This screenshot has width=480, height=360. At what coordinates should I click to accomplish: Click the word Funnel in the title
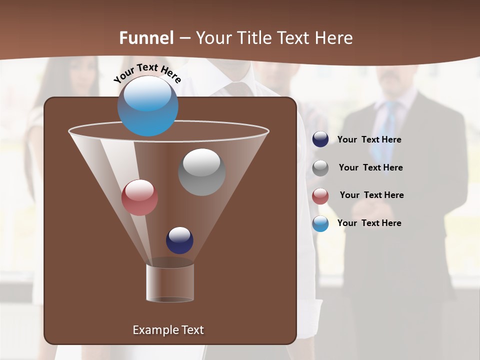(x=146, y=38)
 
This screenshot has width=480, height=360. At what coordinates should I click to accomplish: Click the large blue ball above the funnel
(x=147, y=106)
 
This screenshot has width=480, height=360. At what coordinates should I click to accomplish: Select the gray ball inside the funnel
(x=201, y=172)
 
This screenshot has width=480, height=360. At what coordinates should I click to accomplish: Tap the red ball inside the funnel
(x=139, y=197)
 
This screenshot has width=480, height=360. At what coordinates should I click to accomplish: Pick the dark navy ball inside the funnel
(x=179, y=240)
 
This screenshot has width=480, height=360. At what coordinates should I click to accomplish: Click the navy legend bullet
(x=320, y=139)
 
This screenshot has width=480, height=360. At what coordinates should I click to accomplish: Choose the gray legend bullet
(x=320, y=168)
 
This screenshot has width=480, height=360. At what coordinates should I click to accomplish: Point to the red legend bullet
(x=320, y=196)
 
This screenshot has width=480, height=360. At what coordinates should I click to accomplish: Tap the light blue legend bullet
(x=320, y=223)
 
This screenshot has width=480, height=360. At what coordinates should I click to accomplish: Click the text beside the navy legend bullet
(x=369, y=140)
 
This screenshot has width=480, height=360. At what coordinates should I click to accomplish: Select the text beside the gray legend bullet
(x=370, y=168)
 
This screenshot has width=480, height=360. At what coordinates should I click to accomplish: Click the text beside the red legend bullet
(x=371, y=195)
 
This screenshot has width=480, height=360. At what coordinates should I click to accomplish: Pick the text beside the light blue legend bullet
(x=369, y=223)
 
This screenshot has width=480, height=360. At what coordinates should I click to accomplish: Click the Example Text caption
(x=168, y=330)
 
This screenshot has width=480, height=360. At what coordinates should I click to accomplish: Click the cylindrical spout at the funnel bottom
(x=170, y=282)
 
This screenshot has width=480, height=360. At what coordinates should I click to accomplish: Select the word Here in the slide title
(x=333, y=38)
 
